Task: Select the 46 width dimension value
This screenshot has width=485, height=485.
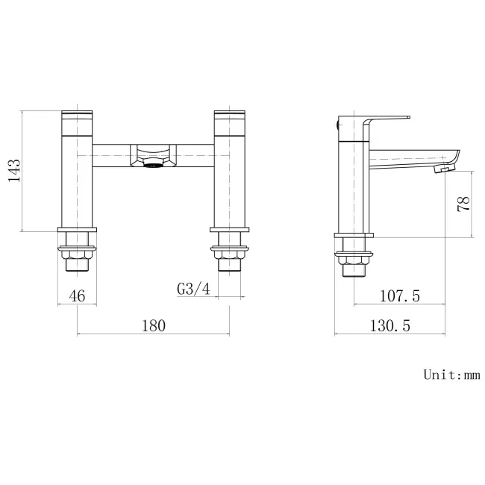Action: [x=78, y=295]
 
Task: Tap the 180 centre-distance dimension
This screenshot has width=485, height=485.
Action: [x=152, y=325]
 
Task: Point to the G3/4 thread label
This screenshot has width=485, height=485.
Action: [x=193, y=289]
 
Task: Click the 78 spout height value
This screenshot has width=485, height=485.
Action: [x=463, y=204]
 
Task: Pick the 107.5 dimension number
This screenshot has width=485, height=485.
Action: [x=399, y=296]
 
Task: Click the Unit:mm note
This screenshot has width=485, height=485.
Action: [x=451, y=375]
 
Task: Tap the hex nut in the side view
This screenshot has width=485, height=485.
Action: [x=354, y=259]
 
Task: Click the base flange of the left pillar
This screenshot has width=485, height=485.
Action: [x=78, y=230]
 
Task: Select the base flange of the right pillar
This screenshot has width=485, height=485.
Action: [x=229, y=230]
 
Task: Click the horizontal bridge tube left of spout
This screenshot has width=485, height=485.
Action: [x=112, y=154]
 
